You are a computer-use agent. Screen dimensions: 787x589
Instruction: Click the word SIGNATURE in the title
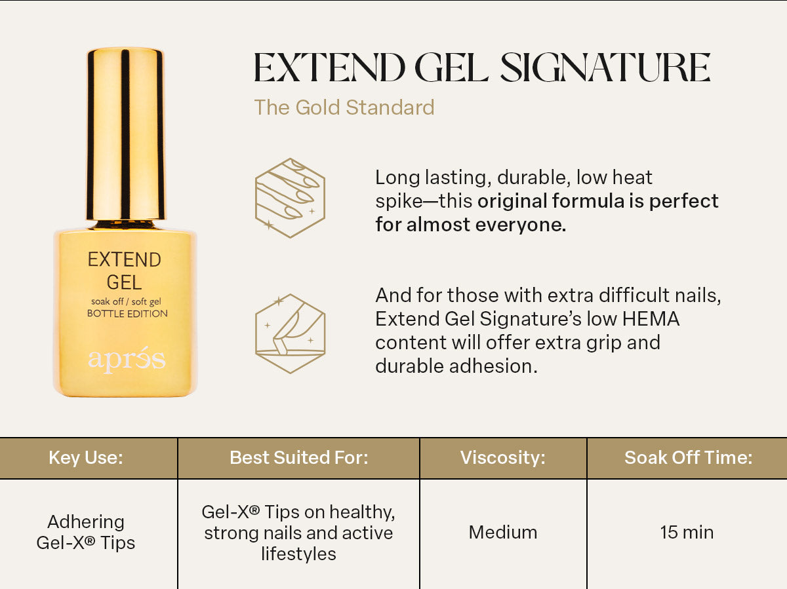605,67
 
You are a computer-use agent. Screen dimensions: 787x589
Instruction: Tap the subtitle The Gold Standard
344,107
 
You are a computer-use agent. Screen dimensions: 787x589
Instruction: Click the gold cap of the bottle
125,133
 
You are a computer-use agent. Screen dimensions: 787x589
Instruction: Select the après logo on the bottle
127,360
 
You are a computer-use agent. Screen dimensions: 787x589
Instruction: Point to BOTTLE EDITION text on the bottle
127,314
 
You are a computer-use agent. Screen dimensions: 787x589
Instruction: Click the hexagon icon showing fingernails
290,198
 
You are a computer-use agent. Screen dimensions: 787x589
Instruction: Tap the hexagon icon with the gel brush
290,333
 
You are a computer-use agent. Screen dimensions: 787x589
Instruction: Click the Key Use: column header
86,457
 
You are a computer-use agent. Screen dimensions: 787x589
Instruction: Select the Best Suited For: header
298,457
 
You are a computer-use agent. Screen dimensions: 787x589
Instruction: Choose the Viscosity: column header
502,457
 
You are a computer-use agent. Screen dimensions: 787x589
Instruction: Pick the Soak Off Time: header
688,457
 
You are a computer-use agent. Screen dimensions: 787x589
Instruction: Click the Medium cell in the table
502,532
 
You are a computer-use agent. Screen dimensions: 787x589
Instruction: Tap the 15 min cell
687,532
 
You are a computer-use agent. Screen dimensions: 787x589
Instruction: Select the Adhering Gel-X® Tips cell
86,532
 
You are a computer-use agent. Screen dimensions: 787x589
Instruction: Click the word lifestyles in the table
298,554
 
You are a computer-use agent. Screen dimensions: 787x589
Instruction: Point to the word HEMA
651,318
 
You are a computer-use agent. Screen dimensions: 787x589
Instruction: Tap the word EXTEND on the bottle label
125,259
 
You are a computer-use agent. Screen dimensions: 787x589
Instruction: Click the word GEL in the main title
452,67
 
